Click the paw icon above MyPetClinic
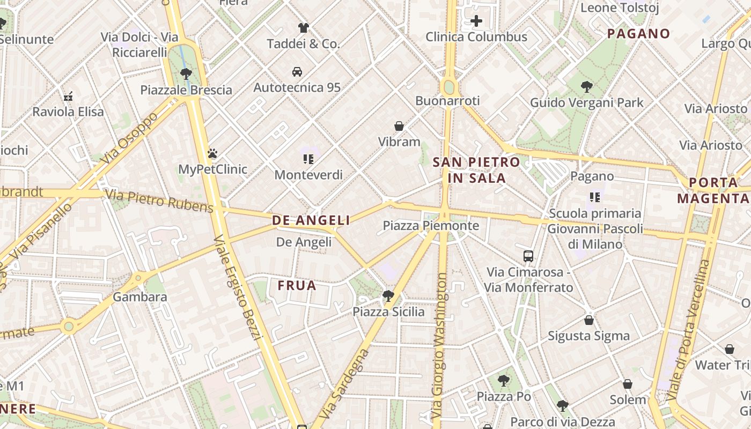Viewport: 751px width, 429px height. pos(212,153)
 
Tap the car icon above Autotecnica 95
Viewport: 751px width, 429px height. pos(297,71)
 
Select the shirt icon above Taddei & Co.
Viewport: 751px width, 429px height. pos(304,28)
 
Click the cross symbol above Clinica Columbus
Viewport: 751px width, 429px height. pos(476,21)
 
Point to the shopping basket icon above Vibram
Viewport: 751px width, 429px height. pos(399,126)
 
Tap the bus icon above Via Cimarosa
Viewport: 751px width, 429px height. pos(528,256)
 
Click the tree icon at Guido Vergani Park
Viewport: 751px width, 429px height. pos(586,86)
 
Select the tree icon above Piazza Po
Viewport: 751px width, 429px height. pos(503,381)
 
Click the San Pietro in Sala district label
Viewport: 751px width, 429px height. pos(476,170)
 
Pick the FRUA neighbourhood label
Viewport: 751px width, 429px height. pos(297,286)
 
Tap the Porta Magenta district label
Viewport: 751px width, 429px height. pos(713,190)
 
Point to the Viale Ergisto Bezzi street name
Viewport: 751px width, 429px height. pos(237,287)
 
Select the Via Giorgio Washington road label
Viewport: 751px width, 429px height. pos(441,346)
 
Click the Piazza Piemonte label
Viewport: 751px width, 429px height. pos(431,226)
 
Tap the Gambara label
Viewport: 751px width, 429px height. pos(140,297)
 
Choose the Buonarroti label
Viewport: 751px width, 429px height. pos(447,101)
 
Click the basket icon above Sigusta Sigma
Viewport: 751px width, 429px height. pos(589,320)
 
